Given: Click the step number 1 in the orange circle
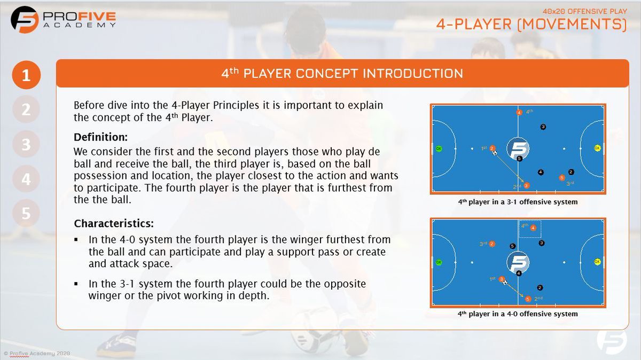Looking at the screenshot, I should (x=26, y=75).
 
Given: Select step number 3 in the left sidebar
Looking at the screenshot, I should (x=26, y=144).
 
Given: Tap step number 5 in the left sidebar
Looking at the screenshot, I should (x=26, y=213).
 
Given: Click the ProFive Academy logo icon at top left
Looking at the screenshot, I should (x=24, y=20).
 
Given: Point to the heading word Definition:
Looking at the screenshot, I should (x=101, y=137).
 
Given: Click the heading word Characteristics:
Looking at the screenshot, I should (x=114, y=223).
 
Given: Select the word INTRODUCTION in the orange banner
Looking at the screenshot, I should (x=413, y=73).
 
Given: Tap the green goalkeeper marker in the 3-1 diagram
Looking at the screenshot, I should (x=439, y=148).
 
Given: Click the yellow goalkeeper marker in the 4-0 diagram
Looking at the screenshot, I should (x=597, y=262).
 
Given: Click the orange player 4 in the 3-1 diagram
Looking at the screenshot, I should (x=519, y=112).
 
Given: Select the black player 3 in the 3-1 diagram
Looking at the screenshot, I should (x=543, y=127).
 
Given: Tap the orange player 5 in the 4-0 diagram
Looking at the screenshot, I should (x=528, y=299).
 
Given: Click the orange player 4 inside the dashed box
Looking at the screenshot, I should (x=533, y=228).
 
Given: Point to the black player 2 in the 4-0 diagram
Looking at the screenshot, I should (x=540, y=287).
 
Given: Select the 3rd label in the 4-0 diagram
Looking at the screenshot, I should (x=483, y=244).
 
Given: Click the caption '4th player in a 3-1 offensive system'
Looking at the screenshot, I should (x=518, y=202).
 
